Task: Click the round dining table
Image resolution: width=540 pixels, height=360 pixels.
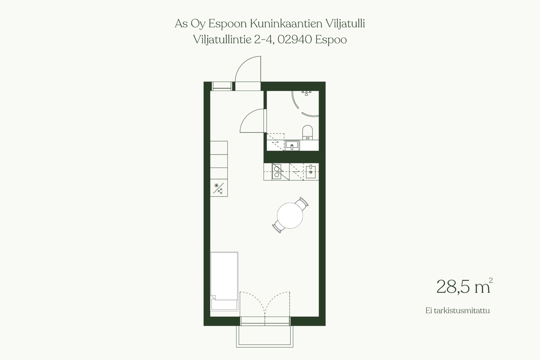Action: click(290, 216)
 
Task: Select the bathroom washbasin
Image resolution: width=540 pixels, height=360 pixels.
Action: click(292, 145)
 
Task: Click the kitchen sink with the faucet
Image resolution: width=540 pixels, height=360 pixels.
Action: click(311, 172)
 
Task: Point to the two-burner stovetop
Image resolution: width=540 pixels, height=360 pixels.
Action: click(276, 172)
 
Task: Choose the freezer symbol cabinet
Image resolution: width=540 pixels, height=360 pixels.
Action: click(219, 188)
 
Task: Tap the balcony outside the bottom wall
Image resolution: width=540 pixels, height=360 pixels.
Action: click(265, 336)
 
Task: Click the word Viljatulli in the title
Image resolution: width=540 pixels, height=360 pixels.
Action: click(345, 24)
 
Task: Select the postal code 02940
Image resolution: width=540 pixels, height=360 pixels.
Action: click(295, 40)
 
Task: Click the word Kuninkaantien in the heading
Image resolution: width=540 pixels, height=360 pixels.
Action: click(286, 24)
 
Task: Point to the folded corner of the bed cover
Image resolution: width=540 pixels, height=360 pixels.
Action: click(213, 297)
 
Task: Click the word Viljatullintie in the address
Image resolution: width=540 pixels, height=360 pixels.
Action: click(222, 40)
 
